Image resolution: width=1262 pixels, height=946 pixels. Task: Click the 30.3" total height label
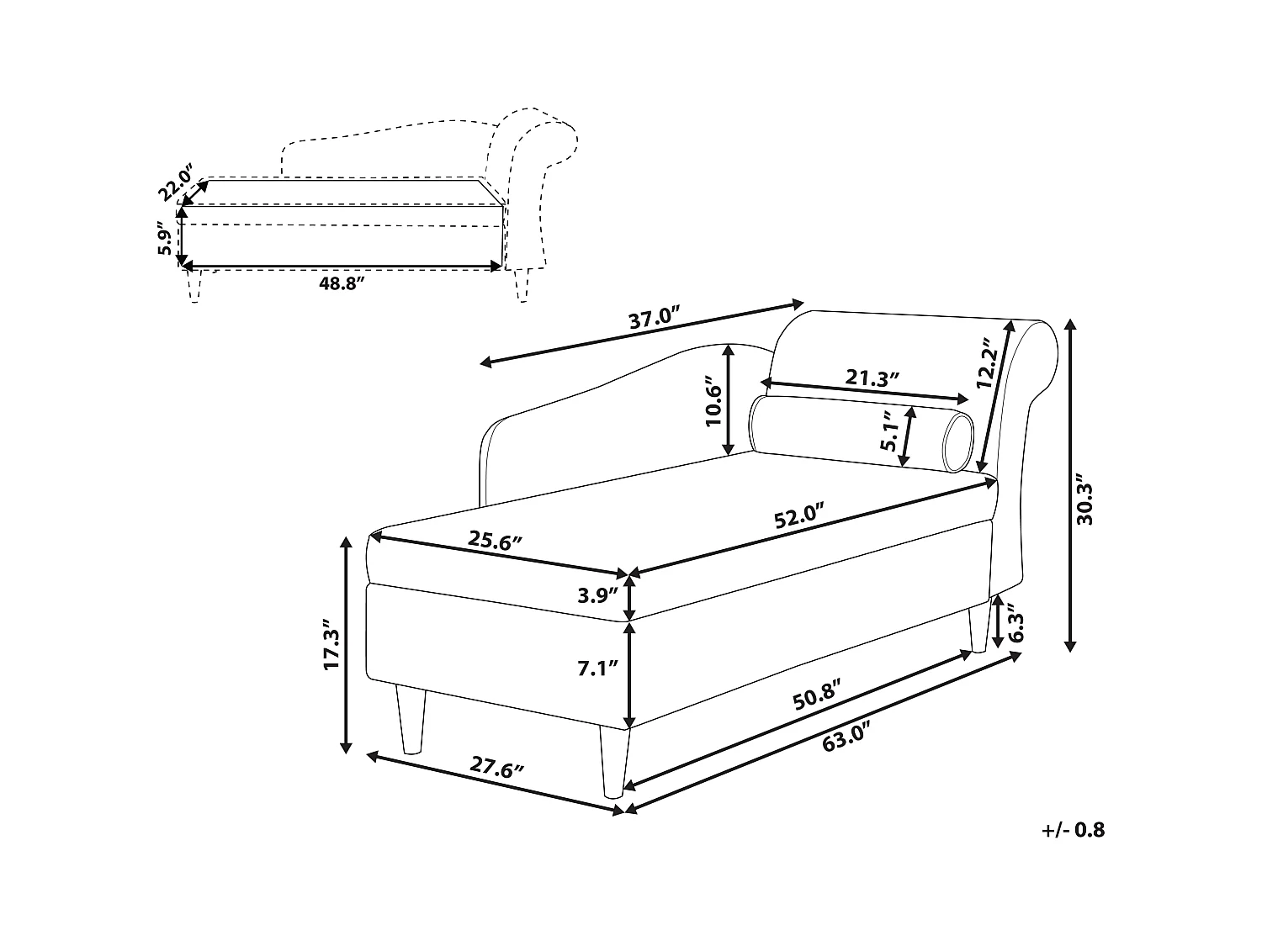(1085, 503)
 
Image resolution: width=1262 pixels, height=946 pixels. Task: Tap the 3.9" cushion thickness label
(598, 596)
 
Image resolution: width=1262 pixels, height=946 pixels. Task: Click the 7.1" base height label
(598, 669)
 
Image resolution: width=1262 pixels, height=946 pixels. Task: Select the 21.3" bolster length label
(872, 378)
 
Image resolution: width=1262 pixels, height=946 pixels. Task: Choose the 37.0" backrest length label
(654, 320)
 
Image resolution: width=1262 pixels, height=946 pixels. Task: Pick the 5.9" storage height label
(165, 238)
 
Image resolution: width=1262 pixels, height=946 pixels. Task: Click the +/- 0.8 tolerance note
(1073, 830)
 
